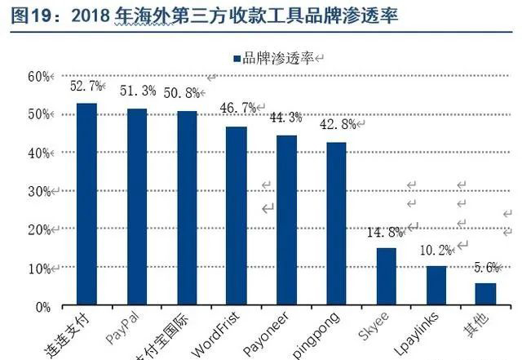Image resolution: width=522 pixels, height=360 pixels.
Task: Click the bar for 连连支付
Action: [x=86, y=204]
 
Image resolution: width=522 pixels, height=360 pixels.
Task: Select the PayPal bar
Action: [x=136, y=207]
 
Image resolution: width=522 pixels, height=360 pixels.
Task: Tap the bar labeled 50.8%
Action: [x=187, y=208]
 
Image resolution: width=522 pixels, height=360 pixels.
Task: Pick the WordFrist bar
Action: [x=237, y=216]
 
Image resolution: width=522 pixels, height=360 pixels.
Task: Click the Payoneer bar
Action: [x=286, y=220]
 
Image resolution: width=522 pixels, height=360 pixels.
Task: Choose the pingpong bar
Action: [x=336, y=224]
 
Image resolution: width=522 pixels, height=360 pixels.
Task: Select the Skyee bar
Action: [x=387, y=278]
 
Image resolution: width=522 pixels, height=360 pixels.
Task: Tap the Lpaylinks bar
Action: [x=436, y=286]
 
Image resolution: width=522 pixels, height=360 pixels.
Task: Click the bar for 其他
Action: [x=486, y=295]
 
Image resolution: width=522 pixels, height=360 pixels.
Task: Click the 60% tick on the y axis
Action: [x=39, y=76]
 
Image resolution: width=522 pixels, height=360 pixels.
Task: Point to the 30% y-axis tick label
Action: [x=39, y=191]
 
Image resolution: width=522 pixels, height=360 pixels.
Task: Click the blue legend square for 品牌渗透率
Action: [x=236, y=58]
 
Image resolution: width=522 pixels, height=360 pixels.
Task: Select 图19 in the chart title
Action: [x=27, y=16]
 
